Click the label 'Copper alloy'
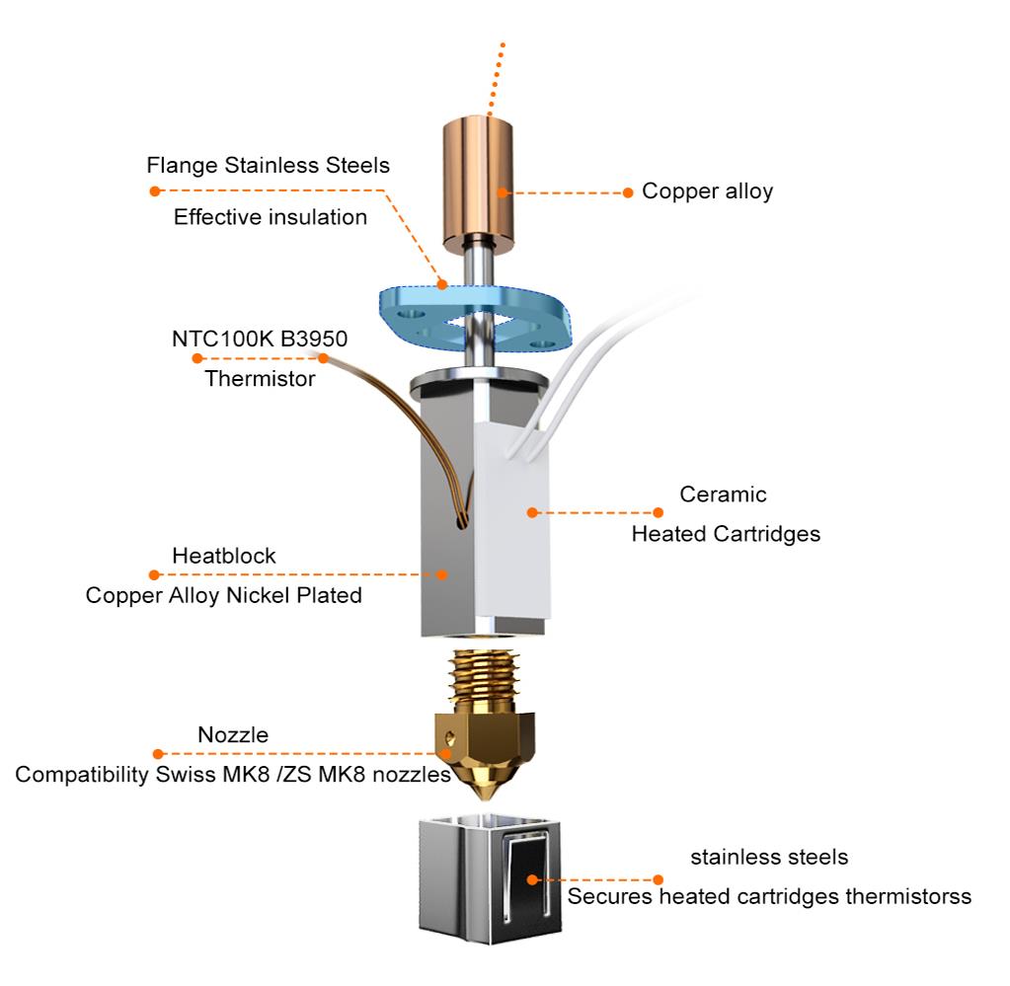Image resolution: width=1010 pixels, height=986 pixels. (x=707, y=191)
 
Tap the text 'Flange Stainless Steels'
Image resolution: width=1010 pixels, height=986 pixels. (x=268, y=165)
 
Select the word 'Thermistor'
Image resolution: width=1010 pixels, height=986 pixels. (x=260, y=378)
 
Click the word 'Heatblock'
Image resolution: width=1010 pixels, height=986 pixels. (x=224, y=556)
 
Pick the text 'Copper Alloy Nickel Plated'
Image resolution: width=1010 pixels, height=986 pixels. (x=224, y=595)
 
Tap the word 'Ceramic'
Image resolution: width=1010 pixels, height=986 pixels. (x=724, y=493)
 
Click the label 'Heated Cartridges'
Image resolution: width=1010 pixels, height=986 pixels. (x=727, y=535)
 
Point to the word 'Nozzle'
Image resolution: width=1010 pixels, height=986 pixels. (x=233, y=735)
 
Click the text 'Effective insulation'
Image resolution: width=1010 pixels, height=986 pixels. (x=271, y=217)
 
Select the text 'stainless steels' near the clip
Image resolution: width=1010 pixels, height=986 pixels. (x=769, y=857)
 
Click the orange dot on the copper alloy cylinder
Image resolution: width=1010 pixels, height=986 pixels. (x=503, y=192)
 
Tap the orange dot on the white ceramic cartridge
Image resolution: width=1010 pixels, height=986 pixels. (x=531, y=512)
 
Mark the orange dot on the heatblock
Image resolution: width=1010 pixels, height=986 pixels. (x=443, y=573)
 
